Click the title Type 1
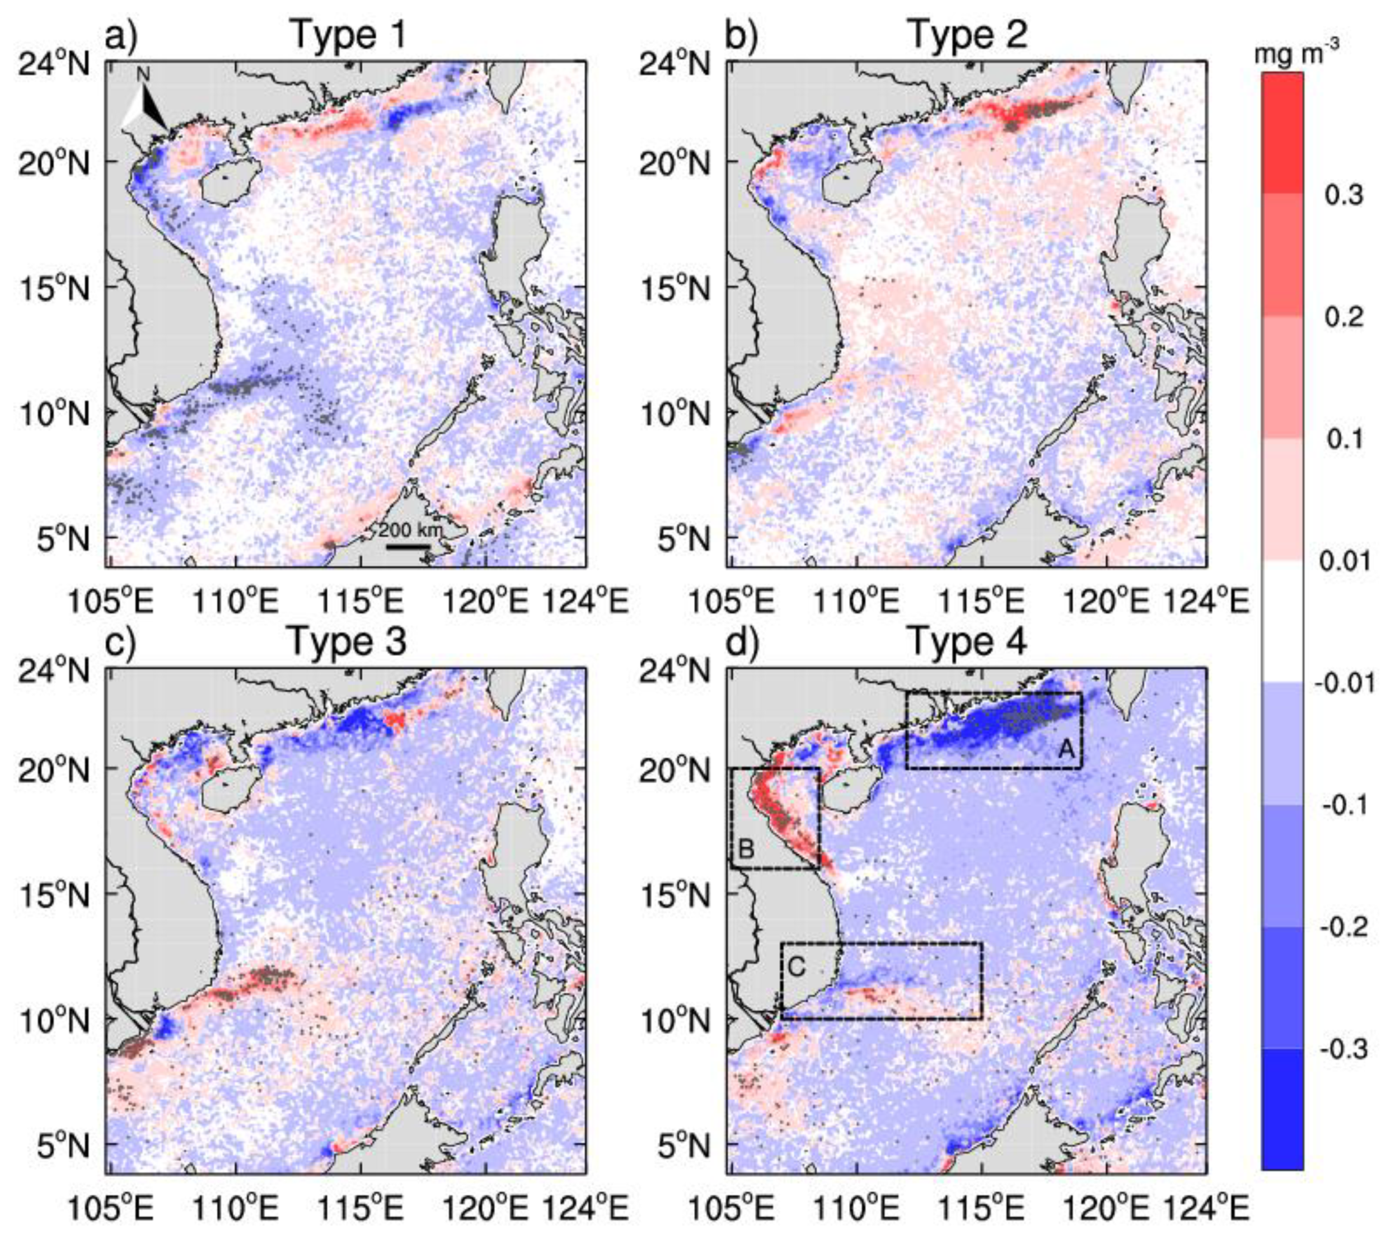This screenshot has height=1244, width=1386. click(x=349, y=34)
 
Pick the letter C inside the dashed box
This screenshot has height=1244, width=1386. click(x=797, y=966)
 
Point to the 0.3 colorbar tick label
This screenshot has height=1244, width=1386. click(x=1344, y=195)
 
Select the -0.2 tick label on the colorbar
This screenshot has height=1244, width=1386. click(x=1344, y=927)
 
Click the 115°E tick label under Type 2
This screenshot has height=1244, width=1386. click(x=982, y=602)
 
